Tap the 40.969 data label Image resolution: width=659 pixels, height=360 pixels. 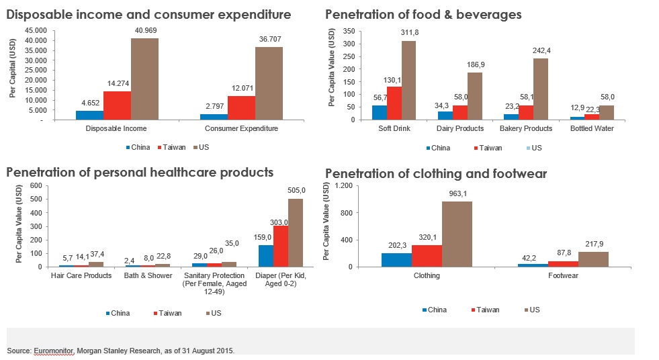(144, 32)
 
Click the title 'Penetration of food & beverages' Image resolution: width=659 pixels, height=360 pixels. (423, 14)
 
